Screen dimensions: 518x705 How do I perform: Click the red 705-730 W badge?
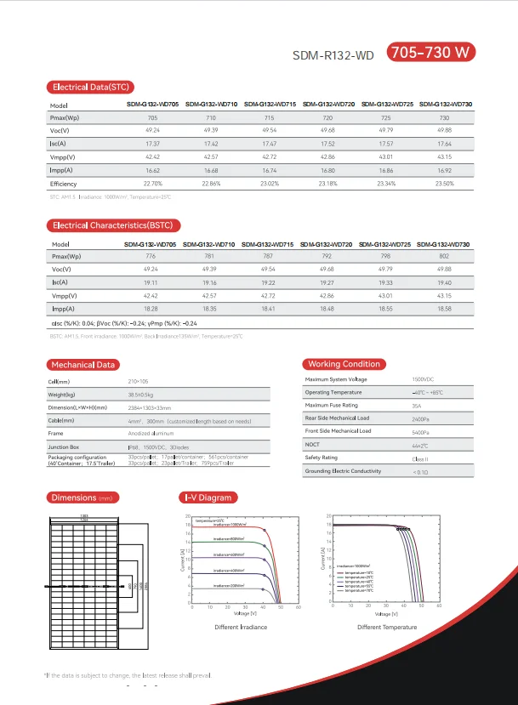coord(431,53)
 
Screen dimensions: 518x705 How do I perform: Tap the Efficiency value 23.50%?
coord(444,184)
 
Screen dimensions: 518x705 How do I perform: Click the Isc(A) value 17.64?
coord(444,144)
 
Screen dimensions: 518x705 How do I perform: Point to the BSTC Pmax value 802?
coord(444,255)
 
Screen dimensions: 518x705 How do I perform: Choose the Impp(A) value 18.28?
coord(152,310)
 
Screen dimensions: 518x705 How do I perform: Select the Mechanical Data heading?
coord(83,365)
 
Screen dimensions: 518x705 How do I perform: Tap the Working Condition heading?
coord(344,364)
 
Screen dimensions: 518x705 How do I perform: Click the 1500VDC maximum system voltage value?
coord(423,379)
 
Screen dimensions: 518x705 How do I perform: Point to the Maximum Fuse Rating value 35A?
coord(418,406)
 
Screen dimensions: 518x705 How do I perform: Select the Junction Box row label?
coord(64,446)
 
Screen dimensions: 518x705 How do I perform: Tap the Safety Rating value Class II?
coord(419,458)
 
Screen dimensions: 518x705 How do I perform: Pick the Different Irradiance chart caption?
coord(242,628)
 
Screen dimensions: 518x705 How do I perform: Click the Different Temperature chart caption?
coord(387,628)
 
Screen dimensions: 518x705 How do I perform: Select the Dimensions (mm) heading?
coord(82,497)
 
